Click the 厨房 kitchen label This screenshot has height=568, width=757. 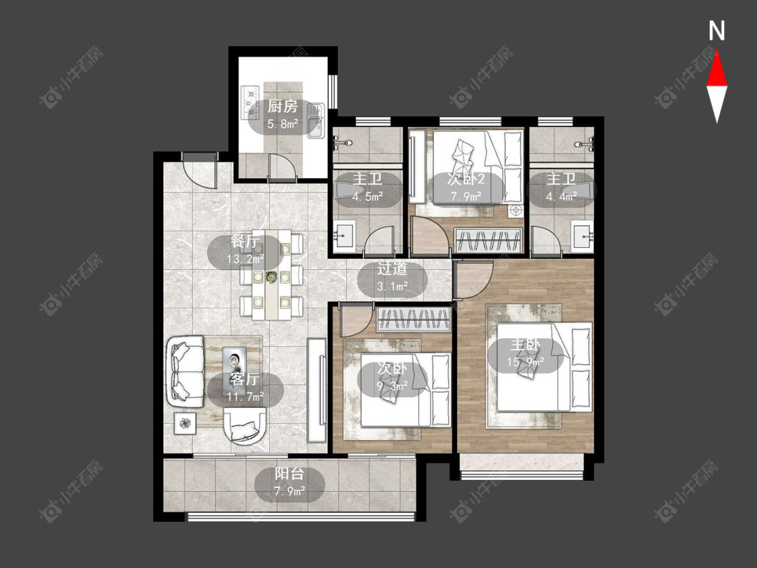pyautogui.click(x=283, y=107)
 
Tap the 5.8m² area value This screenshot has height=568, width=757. pyautogui.click(x=283, y=125)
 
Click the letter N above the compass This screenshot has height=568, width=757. pyautogui.click(x=717, y=31)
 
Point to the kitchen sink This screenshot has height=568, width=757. pyautogui.click(x=316, y=120)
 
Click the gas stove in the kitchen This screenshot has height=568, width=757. pyautogui.click(x=252, y=102)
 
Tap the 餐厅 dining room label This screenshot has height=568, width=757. pyautogui.click(x=245, y=242)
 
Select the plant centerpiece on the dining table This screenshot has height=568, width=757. pyautogui.click(x=272, y=277)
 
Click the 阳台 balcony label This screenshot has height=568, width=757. pyautogui.click(x=289, y=474)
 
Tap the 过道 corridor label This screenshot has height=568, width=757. pyautogui.click(x=392, y=269)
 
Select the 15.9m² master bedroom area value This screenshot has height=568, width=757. pyautogui.click(x=526, y=361)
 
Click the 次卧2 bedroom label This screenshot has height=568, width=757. pyautogui.click(x=466, y=180)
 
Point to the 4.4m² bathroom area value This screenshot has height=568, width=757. pyautogui.click(x=561, y=197)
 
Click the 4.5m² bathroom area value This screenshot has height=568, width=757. pyautogui.click(x=367, y=197)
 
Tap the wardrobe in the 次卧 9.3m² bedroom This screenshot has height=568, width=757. pyautogui.click(x=414, y=319)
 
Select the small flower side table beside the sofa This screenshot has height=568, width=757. pyautogui.click(x=185, y=423)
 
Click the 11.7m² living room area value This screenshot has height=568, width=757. pyautogui.click(x=245, y=396)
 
